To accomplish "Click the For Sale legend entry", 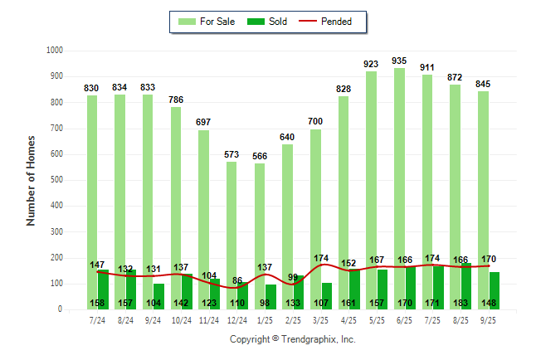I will coord(207,22).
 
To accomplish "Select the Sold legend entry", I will coord(267,22).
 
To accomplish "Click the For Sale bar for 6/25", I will coord(400,166).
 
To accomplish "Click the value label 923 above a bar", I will coord(372,63).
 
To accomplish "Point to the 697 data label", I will coord(203,122).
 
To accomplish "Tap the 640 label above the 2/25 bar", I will coord(287,137).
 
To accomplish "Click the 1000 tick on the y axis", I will coord(54,51).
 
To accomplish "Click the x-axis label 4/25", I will coord(349,319).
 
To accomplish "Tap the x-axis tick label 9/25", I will coord(489,319).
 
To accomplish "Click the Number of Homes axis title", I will coord(32,180).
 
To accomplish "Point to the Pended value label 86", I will coord(237,281).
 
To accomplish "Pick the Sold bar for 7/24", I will coord(103,282).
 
